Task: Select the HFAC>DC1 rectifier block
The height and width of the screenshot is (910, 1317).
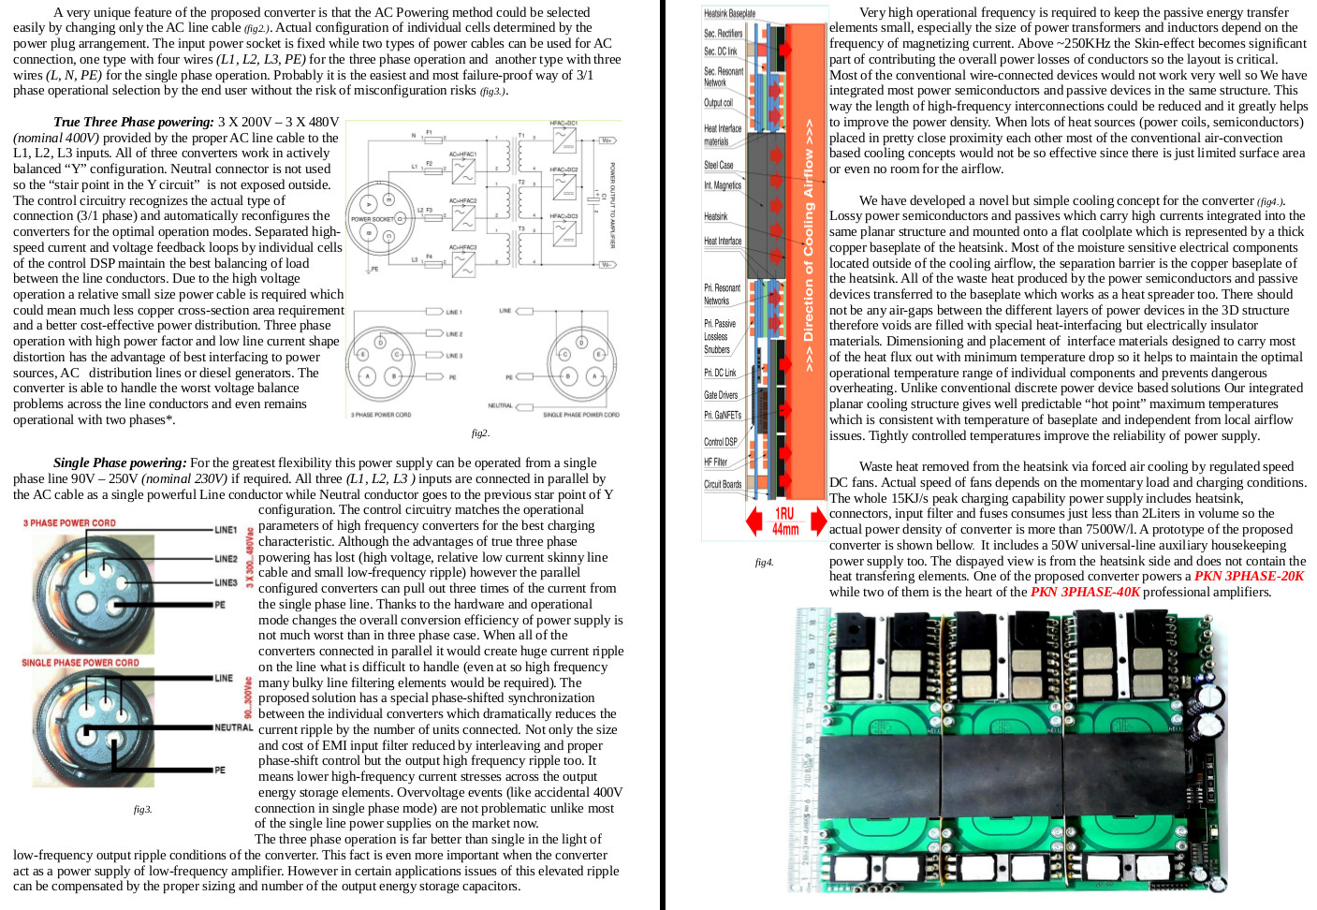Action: (563, 139)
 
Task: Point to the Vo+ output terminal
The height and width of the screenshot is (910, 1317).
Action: (607, 139)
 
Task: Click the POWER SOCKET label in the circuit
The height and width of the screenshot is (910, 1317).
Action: (373, 219)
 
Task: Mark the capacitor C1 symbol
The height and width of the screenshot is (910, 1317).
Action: (592, 198)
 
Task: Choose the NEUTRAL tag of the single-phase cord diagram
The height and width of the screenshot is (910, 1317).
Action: (501, 405)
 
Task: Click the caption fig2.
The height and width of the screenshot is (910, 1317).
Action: (479, 433)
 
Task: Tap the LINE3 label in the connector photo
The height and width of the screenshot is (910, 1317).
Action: (227, 582)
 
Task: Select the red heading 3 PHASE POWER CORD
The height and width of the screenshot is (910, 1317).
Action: (69, 523)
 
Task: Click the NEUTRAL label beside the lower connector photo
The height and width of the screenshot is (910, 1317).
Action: (233, 727)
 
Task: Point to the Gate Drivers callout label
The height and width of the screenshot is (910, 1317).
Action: (721, 395)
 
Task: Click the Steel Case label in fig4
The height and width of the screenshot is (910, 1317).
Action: (719, 165)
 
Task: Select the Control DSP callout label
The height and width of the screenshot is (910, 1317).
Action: (721, 441)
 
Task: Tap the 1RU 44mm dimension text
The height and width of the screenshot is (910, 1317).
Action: (785, 521)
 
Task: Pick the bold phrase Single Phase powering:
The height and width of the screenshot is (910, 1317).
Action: (120, 462)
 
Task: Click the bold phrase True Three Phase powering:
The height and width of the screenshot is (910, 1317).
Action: (134, 122)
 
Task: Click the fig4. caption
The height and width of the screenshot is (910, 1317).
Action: (764, 562)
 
